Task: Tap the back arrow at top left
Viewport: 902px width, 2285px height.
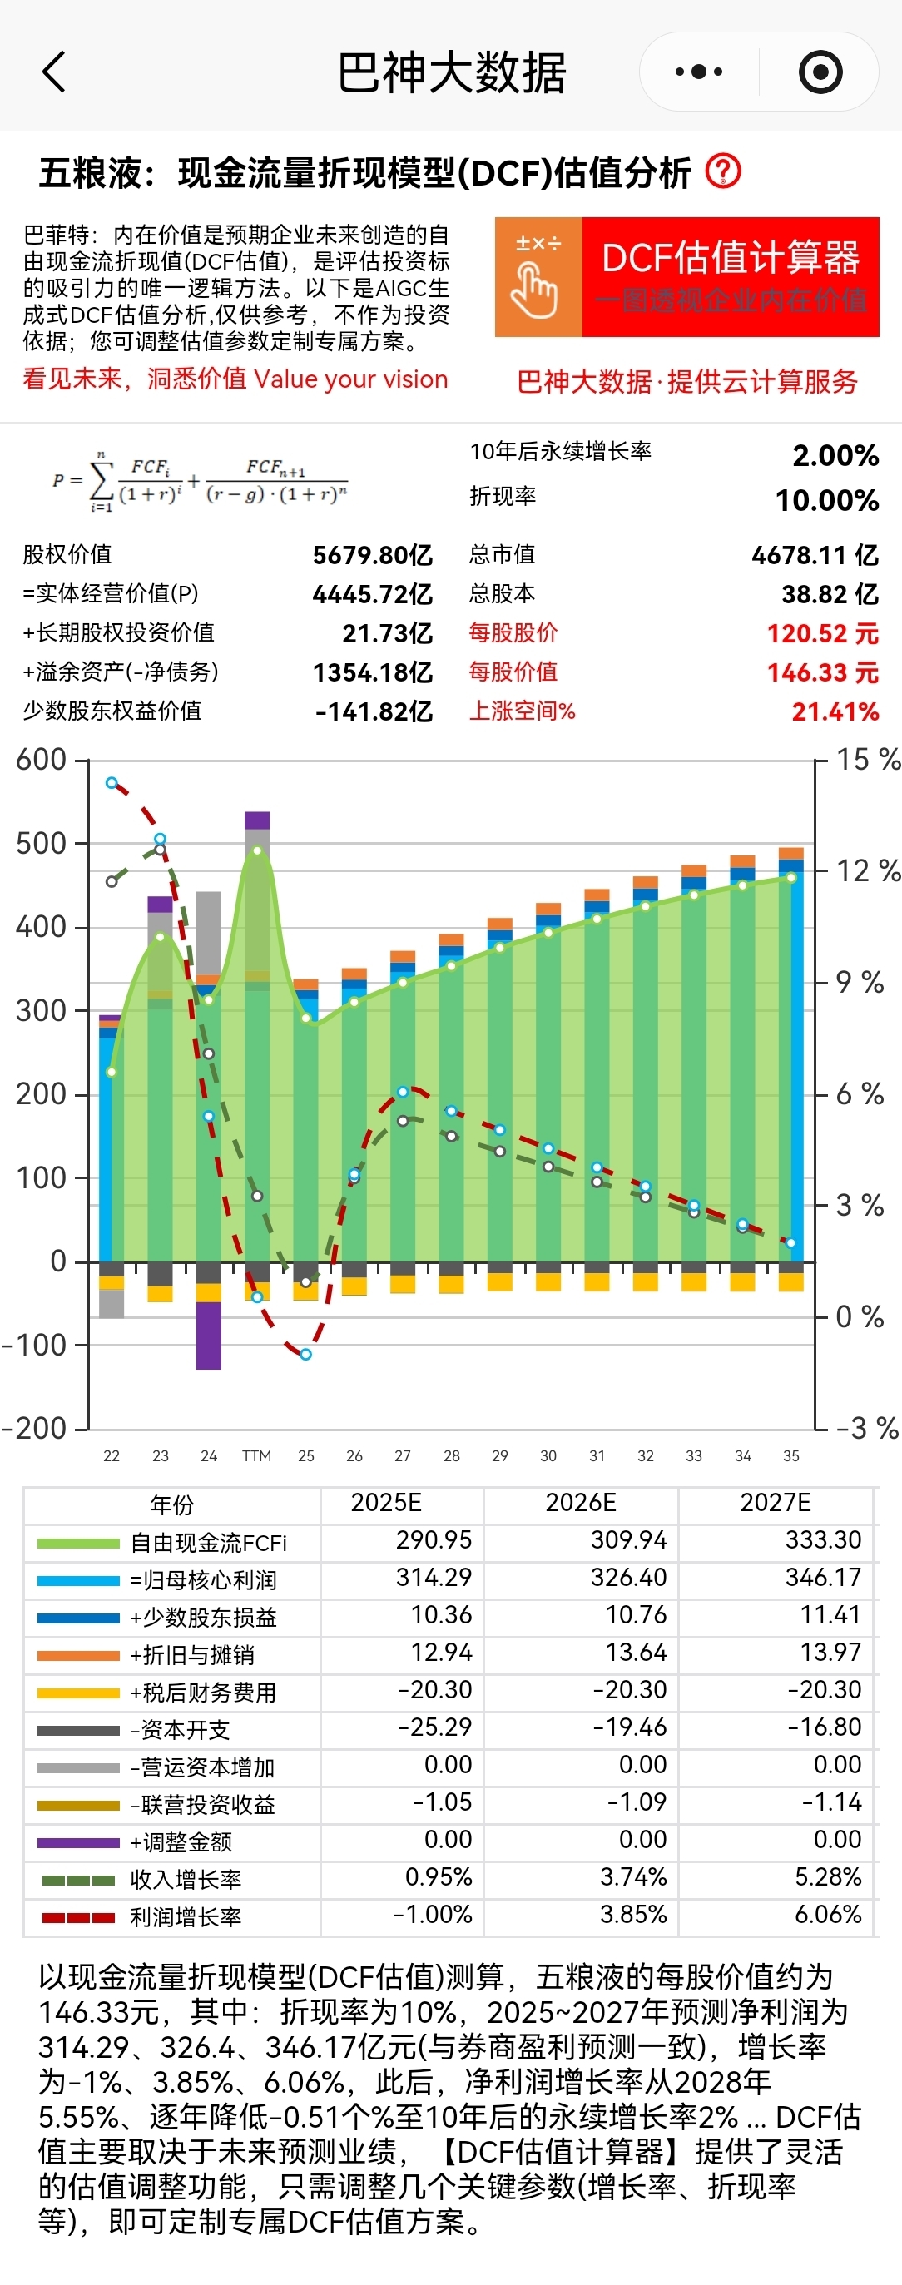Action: (54, 72)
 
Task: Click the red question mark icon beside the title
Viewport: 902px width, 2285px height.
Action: (723, 171)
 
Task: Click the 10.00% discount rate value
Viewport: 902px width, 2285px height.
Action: (826, 500)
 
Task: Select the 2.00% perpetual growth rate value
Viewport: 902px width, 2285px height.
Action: (835, 456)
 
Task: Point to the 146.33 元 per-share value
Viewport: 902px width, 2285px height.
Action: (822, 672)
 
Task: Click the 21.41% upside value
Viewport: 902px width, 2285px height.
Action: (835, 711)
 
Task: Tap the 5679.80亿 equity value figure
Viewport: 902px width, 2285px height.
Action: (373, 555)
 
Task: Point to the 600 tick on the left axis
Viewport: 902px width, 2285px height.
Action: (41, 759)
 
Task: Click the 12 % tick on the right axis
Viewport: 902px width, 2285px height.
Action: (867, 871)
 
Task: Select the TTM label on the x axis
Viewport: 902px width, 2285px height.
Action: (256, 1455)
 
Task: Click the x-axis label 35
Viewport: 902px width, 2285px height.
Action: (791, 1455)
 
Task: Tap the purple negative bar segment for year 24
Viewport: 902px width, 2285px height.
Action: (208, 1335)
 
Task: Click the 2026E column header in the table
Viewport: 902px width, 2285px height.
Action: (580, 1503)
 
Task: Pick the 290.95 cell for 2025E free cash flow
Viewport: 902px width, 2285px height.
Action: (434, 1540)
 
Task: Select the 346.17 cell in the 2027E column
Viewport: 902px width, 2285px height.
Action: (823, 1577)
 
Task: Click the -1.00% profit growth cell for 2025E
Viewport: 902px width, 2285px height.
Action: (432, 1914)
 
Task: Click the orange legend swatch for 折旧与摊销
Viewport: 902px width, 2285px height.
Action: (78, 1655)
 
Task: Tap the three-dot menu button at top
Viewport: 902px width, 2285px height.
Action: (699, 72)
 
